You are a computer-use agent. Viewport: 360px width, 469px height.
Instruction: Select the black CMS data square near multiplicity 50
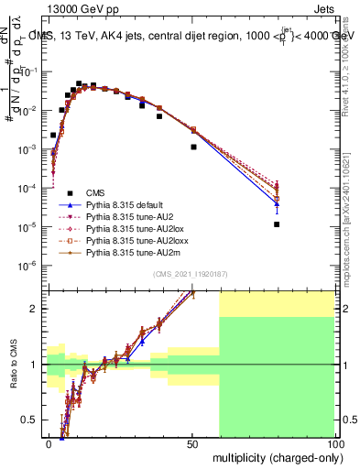(193, 147)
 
